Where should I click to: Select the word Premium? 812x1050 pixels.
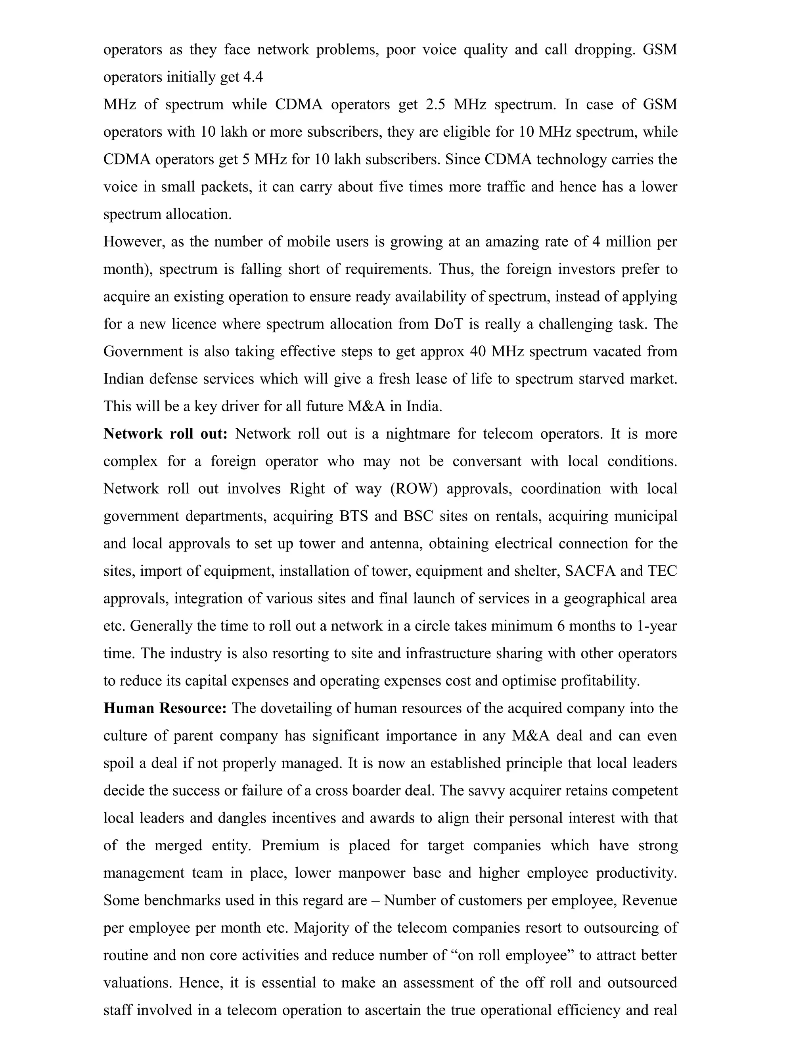pyautogui.click(x=290, y=846)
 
